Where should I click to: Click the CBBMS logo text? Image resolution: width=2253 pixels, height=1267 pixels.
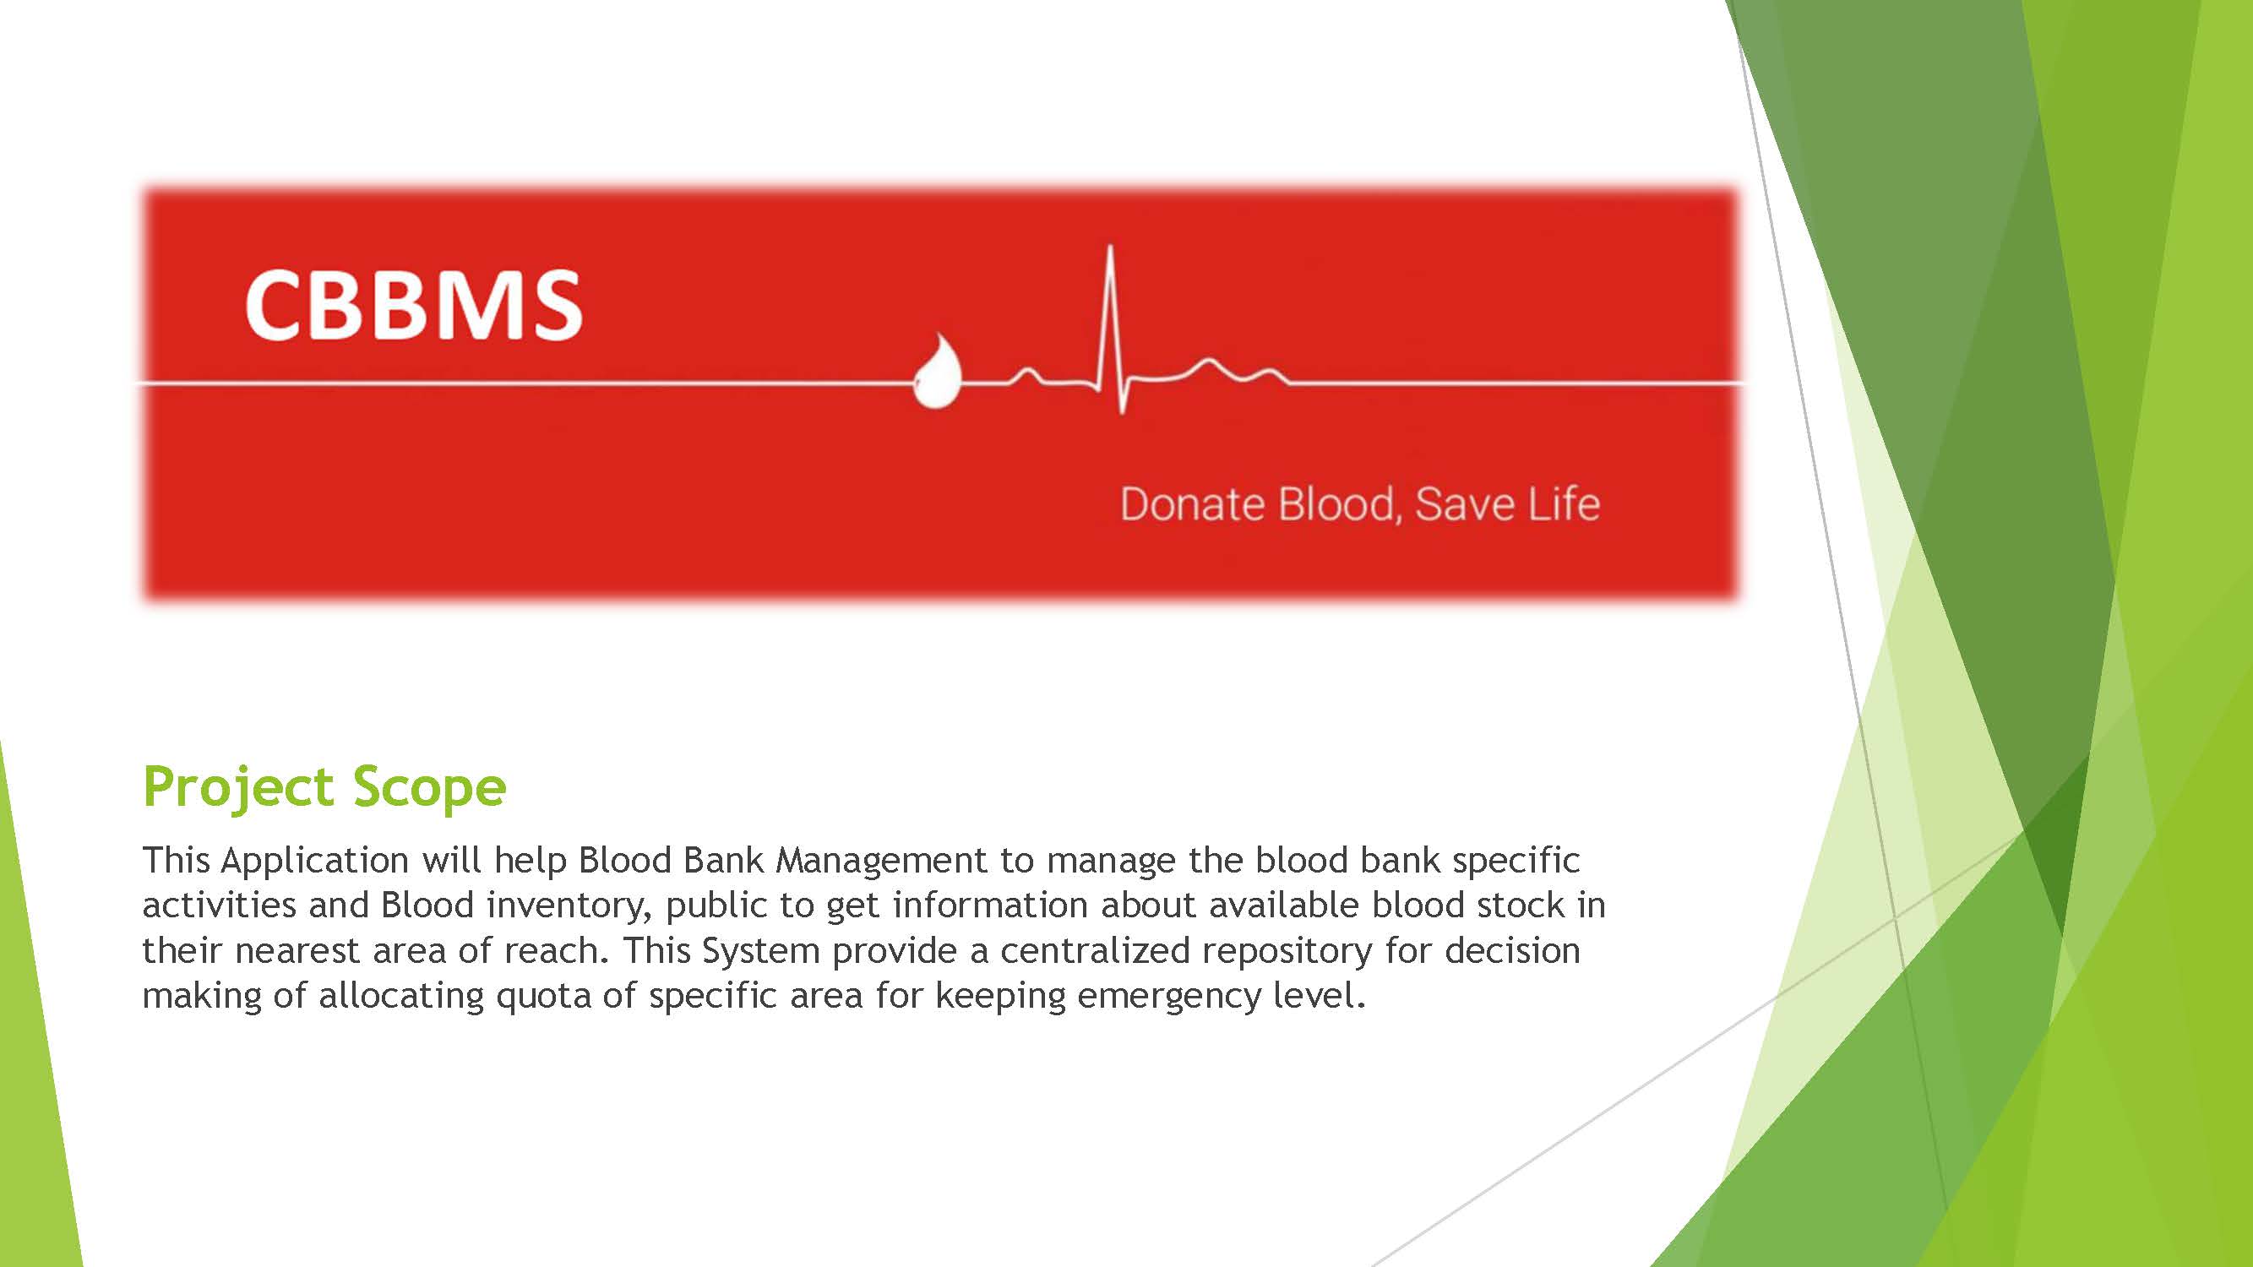point(413,304)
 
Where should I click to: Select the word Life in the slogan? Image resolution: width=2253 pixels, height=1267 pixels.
point(1565,503)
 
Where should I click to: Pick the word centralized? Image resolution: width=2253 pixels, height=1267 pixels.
point(1095,950)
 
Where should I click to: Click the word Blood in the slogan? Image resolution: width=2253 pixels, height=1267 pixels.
point(1341,505)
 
